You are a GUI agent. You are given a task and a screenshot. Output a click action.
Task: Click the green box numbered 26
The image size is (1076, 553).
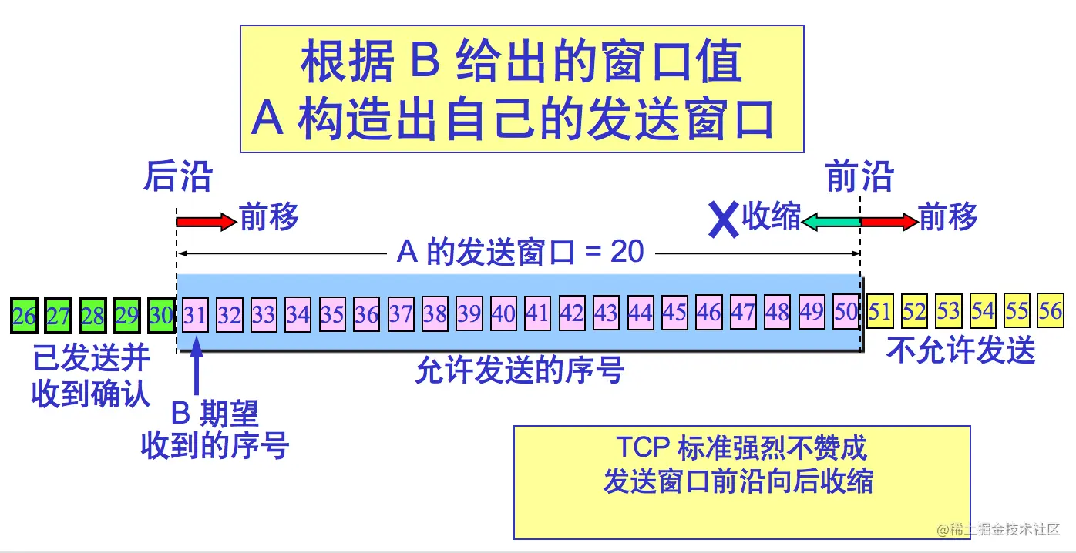pyautogui.click(x=24, y=316)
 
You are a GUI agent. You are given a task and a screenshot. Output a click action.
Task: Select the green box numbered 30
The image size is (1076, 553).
pyautogui.click(x=161, y=316)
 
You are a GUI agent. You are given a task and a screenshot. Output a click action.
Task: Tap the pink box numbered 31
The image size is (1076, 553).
pyautogui.click(x=195, y=315)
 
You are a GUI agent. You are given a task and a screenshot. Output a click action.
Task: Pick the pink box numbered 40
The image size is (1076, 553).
pyautogui.click(x=503, y=313)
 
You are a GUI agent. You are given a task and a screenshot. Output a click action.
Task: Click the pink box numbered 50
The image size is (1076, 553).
pyautogui.click(x=846, y=312)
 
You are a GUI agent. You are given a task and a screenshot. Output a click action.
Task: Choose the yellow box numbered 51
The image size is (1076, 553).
pyautogui.click(x=879, y=311)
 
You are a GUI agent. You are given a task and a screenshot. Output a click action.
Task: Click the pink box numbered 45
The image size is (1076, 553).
pyautogui.click(x=674, y=313)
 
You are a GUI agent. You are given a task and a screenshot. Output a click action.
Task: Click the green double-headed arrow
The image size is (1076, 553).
pyautogui.click(x=831, y=222)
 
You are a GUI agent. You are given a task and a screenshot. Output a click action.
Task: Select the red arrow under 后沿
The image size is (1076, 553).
pyautogui.click(x=205, y=222)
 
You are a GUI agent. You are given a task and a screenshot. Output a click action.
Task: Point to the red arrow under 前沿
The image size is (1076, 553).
pyautogui.click(x=889, y=222)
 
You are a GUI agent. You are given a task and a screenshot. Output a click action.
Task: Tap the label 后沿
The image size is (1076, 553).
pyautogui.click(x=177, y=177)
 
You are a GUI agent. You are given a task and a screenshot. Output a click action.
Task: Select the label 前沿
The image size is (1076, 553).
pyautogui.click(x=859, y=177)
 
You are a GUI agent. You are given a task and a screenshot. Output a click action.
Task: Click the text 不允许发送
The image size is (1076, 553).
pyautogui.click(x=960, y=351)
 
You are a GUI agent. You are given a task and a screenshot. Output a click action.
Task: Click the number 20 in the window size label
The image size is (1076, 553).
pyautogui.click(x=626, y=251)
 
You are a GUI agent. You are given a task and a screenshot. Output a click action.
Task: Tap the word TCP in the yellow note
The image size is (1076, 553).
pyautogui.click(x=643, y=447)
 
